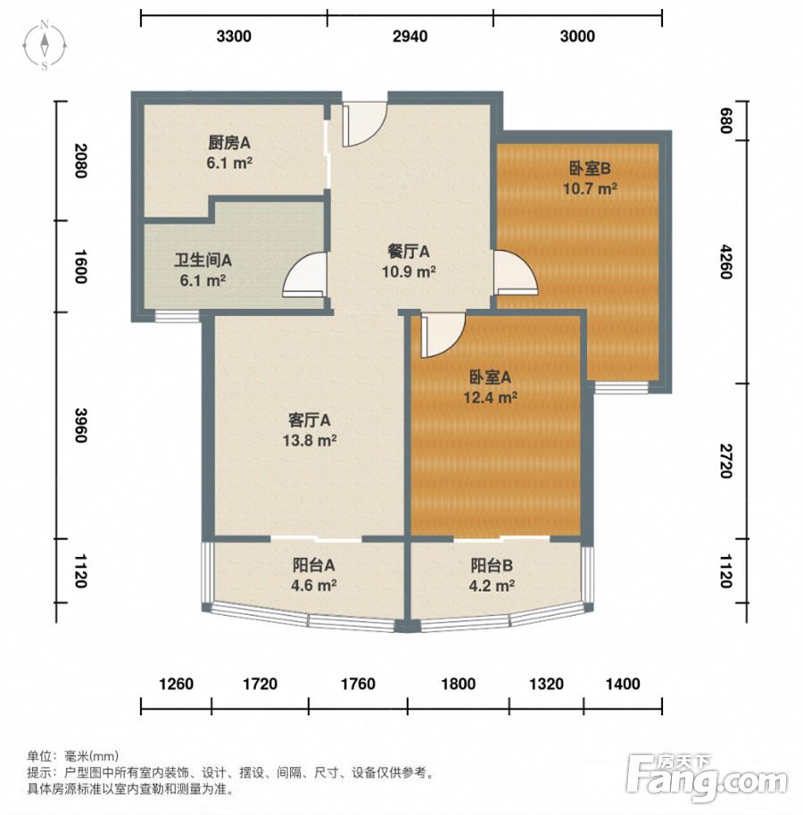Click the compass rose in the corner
[45, 46]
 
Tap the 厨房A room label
[229, 143]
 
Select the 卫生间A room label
[203, 260]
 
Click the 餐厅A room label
[409, 252]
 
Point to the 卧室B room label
[590, 169]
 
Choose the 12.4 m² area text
[491, 397]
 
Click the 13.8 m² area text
[310, 440]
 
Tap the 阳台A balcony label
[313, 564]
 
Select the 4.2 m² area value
[492, 586]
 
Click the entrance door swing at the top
[364, 125]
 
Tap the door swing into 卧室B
[515, 273]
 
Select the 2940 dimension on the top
[410, 36]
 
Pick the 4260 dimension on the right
[725, 262]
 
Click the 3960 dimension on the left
[80, 425]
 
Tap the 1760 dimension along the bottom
[358, 684]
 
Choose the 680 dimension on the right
[725, 121]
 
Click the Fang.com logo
[707, 778]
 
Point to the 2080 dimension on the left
[80, 161]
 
